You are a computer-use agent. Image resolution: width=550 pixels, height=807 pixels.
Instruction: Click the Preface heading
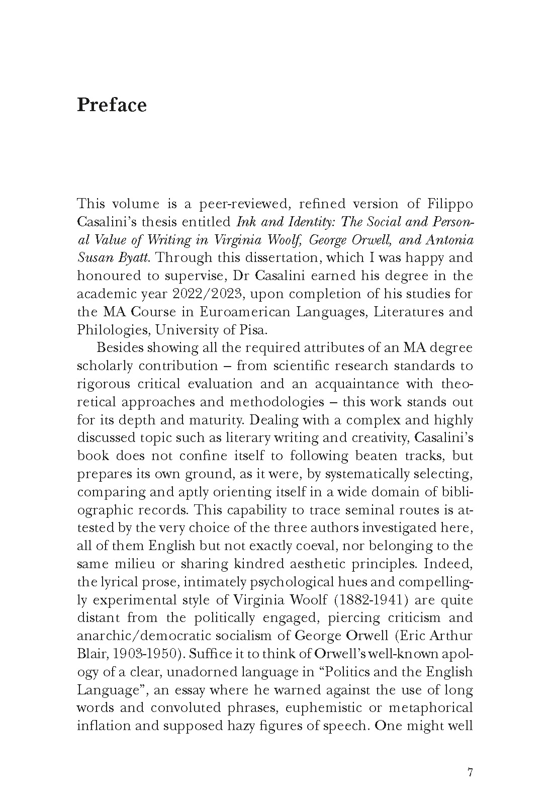pos(112,106)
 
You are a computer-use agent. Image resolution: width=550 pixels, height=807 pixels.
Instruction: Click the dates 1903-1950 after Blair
pos(148,654)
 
